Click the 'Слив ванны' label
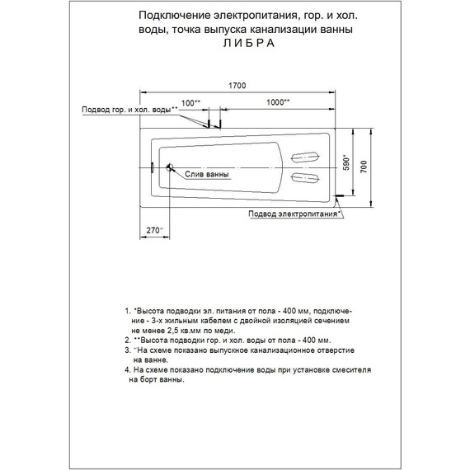coord(202,175)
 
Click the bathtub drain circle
coord(170,168)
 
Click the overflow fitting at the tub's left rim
coord(152,167)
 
